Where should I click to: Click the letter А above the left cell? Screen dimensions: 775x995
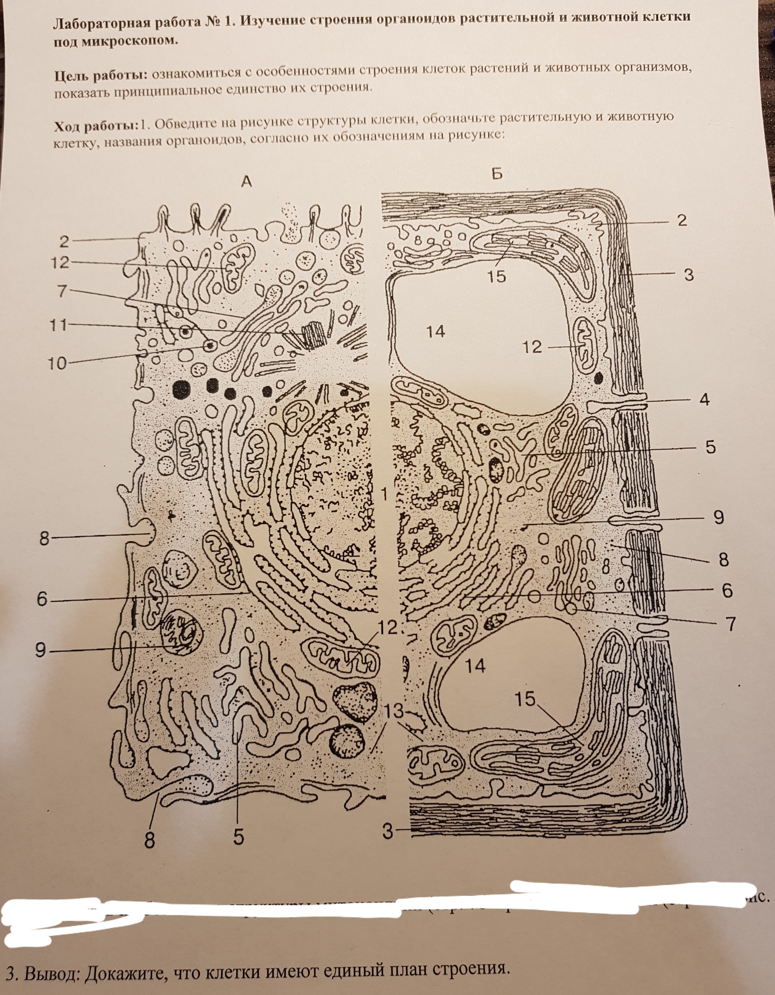pos(246,182)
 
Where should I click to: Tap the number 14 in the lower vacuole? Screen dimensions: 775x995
pos(475,666)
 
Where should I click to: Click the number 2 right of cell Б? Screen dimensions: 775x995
pos(682,221)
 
